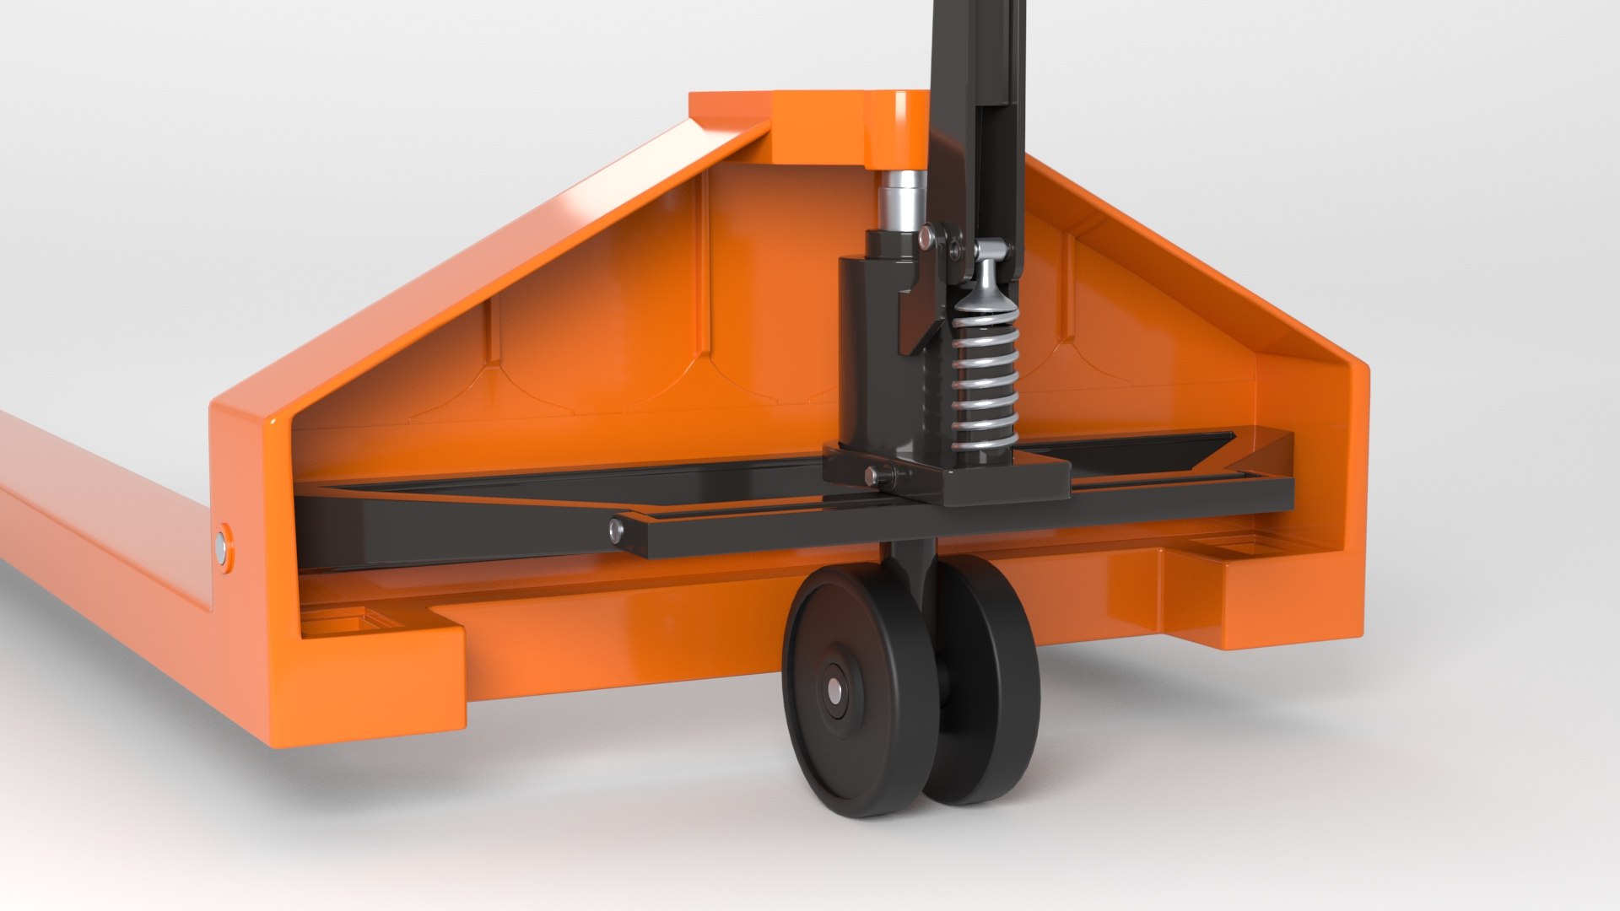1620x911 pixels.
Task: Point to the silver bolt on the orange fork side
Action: (223, 548)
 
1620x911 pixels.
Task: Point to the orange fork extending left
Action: (84, 506)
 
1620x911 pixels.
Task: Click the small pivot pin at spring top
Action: (991, 249)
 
